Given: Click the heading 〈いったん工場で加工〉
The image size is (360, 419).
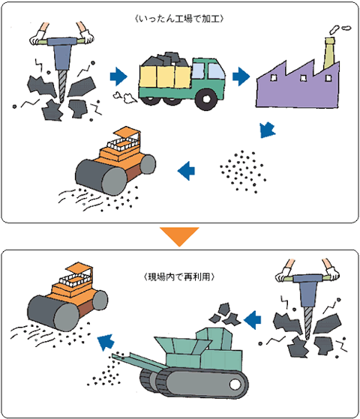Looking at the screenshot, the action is [179, 19].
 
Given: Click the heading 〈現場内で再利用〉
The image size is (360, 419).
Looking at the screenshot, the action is [179, 277].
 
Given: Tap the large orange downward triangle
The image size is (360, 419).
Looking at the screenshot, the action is [179, 237].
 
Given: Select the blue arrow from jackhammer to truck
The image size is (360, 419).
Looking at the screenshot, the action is [118, 76].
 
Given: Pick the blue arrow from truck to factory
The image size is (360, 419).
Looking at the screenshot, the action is [241, 76].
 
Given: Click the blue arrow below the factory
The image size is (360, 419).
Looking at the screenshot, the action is [267, 130].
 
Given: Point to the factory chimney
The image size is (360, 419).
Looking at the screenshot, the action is [329, 53].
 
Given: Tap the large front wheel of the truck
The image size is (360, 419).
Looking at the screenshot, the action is [206, 99].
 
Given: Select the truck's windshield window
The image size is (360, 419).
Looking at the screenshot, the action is [216, 71].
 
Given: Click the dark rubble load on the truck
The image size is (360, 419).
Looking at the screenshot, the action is [166, 60].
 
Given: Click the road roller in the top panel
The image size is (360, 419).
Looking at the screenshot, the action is [115, 162].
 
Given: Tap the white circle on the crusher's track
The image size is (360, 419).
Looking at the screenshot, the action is [235, 385].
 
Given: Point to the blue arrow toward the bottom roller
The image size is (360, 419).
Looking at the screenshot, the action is [106, 343].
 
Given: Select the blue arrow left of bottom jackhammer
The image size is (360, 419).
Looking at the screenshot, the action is [253, 319].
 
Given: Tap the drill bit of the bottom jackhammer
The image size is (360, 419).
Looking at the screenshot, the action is [308, 323].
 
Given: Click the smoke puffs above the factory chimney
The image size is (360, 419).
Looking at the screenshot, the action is [340, 29].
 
